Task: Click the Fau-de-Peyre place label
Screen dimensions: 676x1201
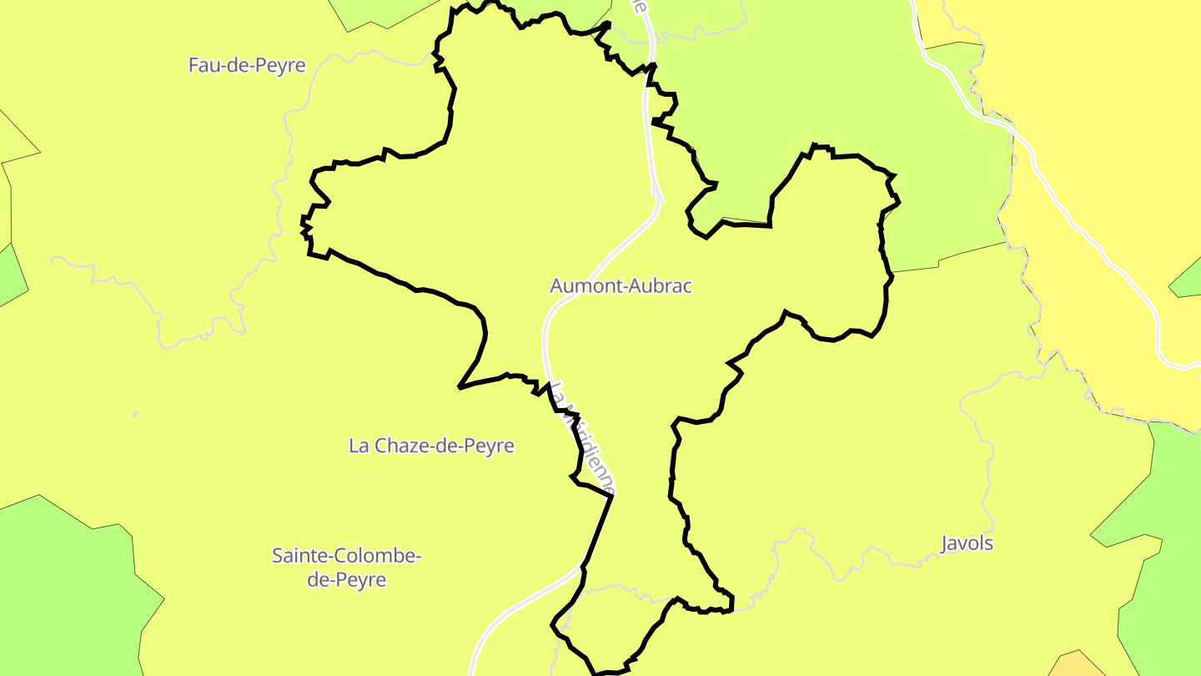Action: pyautogui.click(x=247, y=65)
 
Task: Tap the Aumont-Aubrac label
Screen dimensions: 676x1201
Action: pyautogui.click(x=621, y=285)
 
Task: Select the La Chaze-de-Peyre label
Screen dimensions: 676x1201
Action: pyautogui.click(x=431, y=446)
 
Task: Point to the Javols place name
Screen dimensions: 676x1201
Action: pyautogui.click(x=967, y=543)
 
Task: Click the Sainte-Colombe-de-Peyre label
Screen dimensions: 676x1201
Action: pyautogui.click(x=346, y=567)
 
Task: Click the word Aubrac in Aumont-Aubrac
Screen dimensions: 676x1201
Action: pyautogui.click(x=656, y=285)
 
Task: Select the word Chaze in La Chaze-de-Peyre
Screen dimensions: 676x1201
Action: pyautogui.click(x=399, y=446)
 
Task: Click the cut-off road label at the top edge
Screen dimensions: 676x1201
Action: pyautogui.click(x=639, y=7)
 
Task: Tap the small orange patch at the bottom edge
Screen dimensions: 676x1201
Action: pyautogui.click(x=1076, y=665)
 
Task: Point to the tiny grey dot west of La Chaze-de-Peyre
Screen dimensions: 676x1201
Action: pyautogui.click(x=135, y=413)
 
